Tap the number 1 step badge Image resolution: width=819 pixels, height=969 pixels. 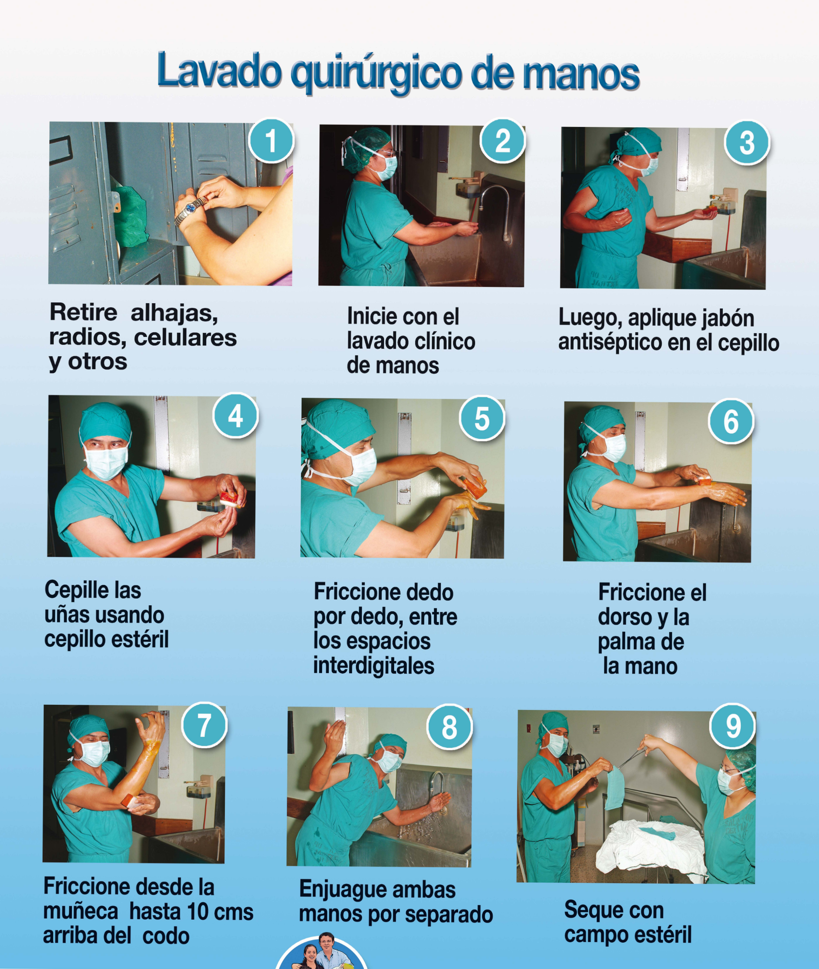pos(271,141)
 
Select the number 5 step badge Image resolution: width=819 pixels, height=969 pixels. pos(482,418)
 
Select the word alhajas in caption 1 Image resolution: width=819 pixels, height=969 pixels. pos(174,313)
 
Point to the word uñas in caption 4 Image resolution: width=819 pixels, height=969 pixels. pos(65,616)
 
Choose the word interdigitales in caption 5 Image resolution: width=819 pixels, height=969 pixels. pos(374,665)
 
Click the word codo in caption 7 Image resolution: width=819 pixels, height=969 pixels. pos(166,936)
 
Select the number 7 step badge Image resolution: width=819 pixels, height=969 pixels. pos(204,725)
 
